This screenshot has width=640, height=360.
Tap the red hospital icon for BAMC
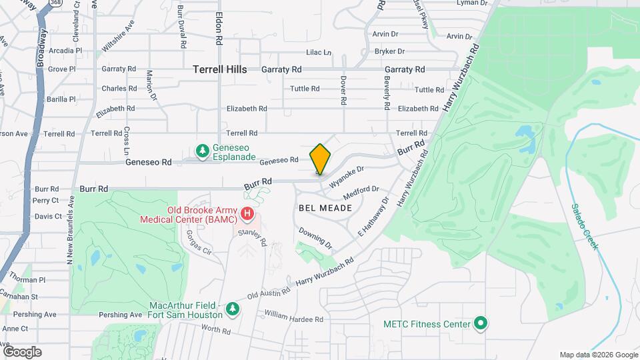[x=247, y=214]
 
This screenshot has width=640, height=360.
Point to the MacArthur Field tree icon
[x=232, y=309]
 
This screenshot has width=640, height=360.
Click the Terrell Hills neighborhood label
[x=219, y=69]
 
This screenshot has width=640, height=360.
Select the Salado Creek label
[x=584, y=227]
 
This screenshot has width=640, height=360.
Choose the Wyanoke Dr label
[x=348, y=176]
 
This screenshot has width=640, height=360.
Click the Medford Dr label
[x=361, y=193]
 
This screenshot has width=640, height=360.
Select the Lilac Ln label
[x=318, y=52]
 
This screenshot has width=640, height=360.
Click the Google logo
[x=22, y=351]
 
